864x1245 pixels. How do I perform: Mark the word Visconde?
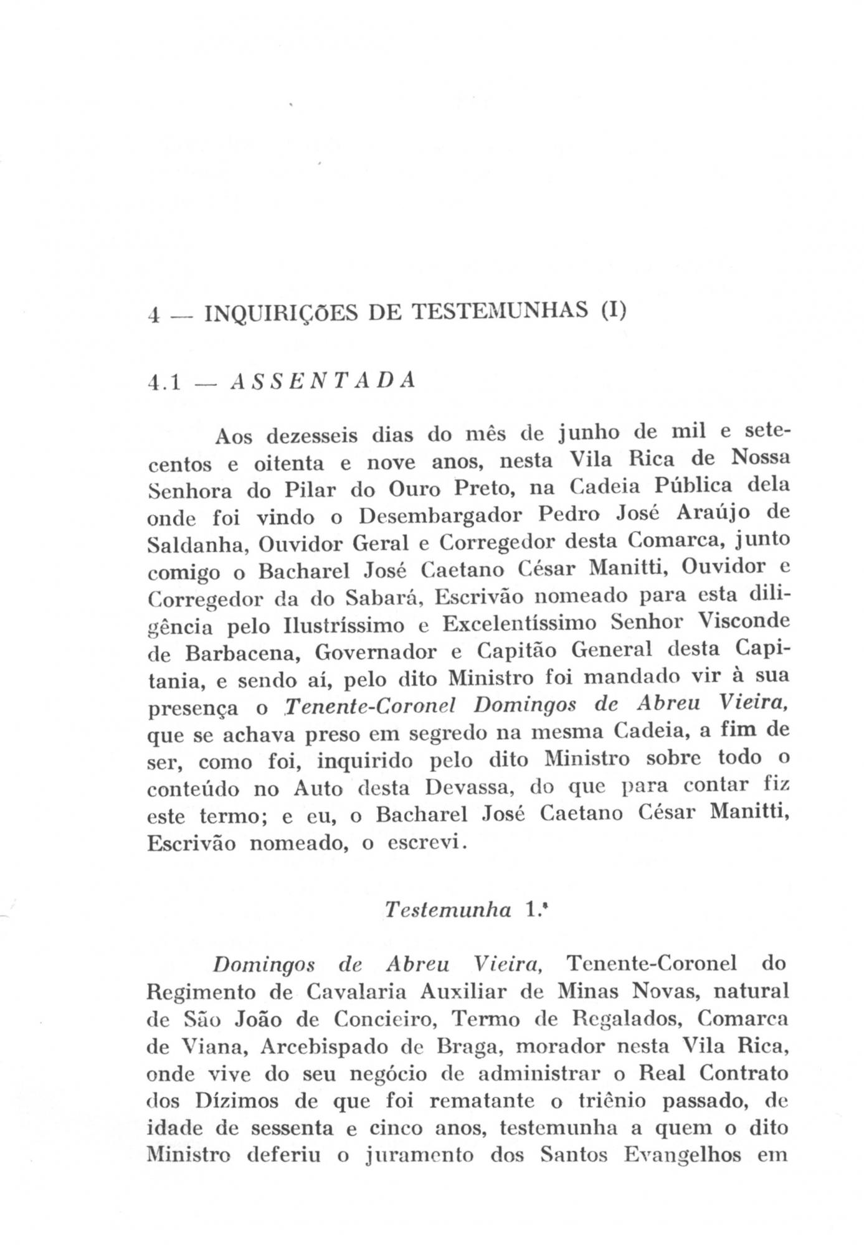point(744,622)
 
